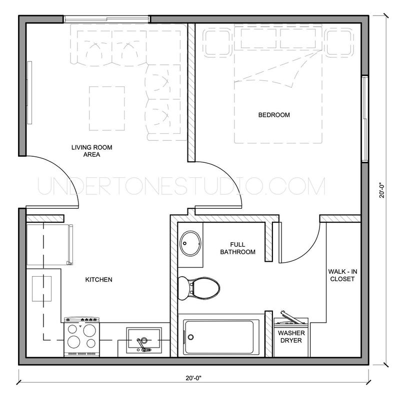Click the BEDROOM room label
[273, 115]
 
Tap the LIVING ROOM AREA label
[91, 151]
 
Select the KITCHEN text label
[98, 280]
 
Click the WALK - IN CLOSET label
[342, 275]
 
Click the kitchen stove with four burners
[81, 336]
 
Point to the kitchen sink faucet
[142, 343]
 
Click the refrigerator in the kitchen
[47, 244]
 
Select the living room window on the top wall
[106, 19]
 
